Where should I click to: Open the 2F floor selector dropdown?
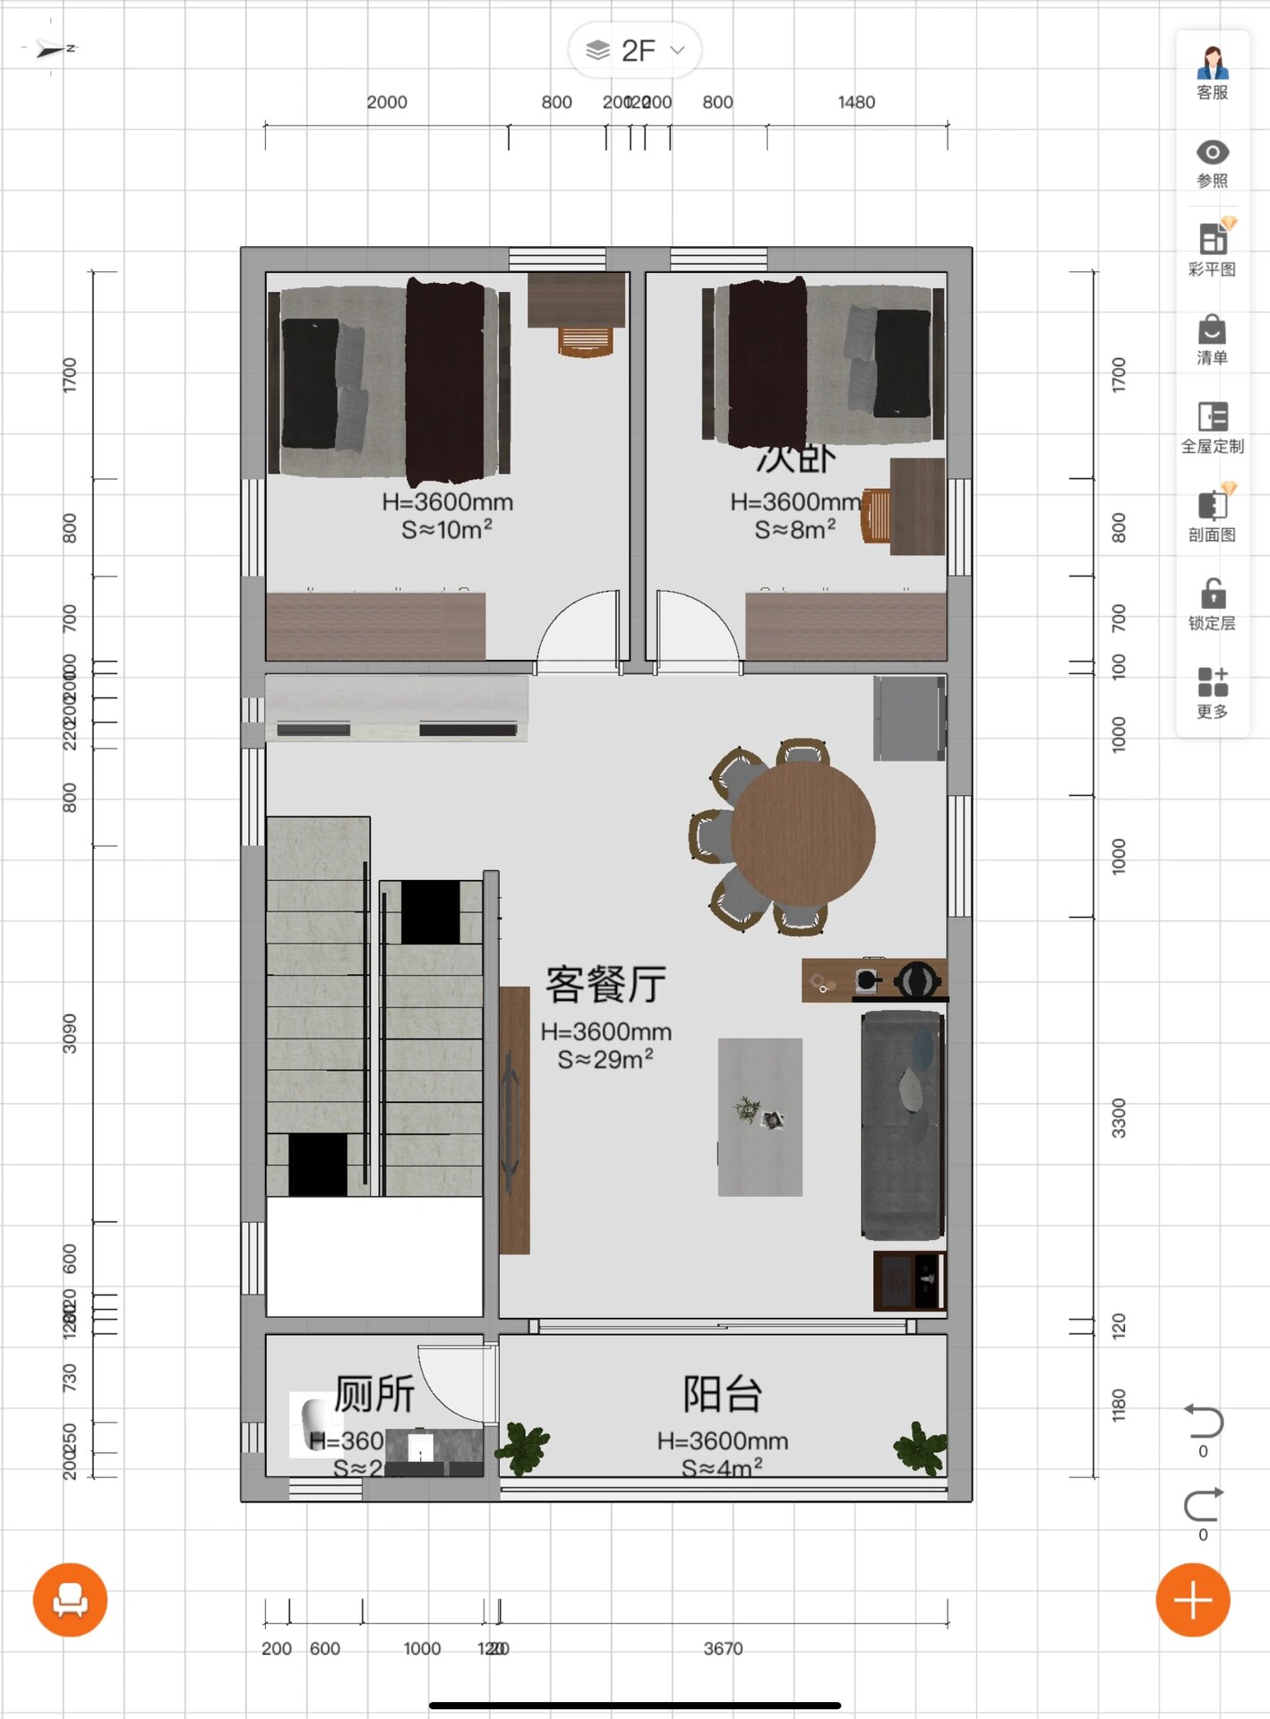[635, 50]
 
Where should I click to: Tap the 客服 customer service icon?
[1212, 72]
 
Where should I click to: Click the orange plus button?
[1192, 1600]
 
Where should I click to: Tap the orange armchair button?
[70, 1600]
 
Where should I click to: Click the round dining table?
[802, 834]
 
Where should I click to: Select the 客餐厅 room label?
[605, 985]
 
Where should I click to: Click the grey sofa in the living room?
[901, 1124]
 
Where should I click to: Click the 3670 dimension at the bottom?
[723, 1648]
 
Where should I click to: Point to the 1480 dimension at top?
[856, 102]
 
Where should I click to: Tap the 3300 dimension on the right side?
[1119, 1117]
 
